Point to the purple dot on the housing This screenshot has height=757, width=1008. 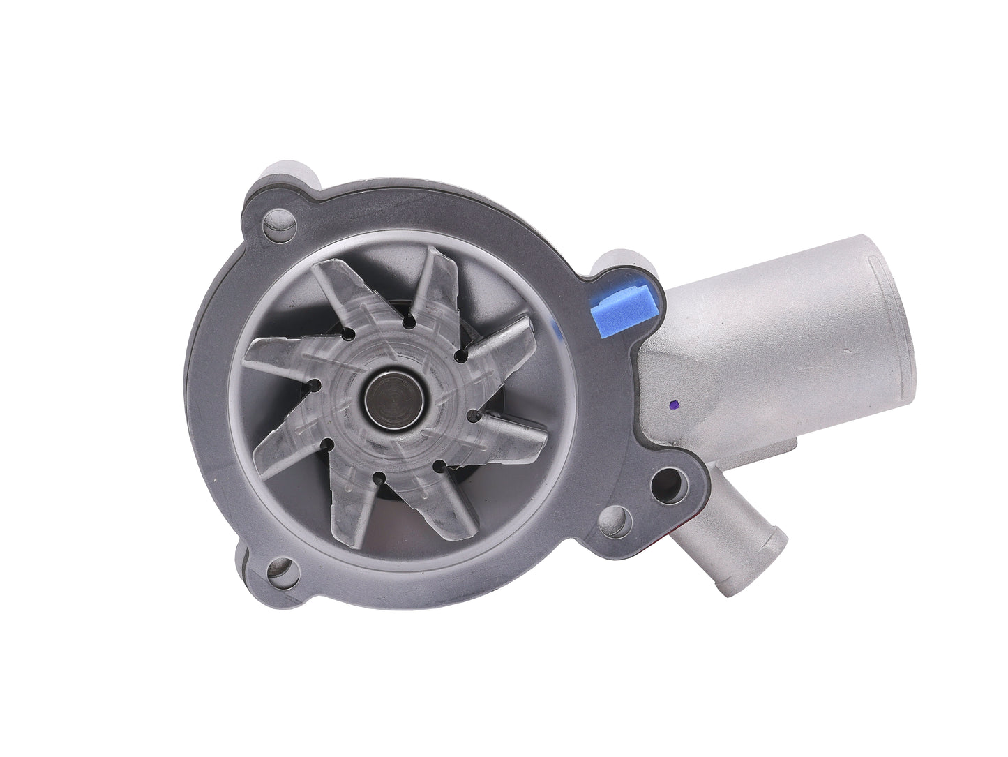click(672, 404)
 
